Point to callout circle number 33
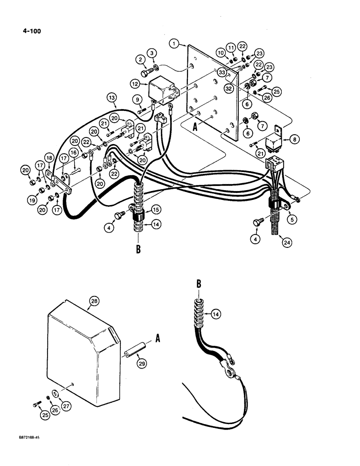(222, 73)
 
